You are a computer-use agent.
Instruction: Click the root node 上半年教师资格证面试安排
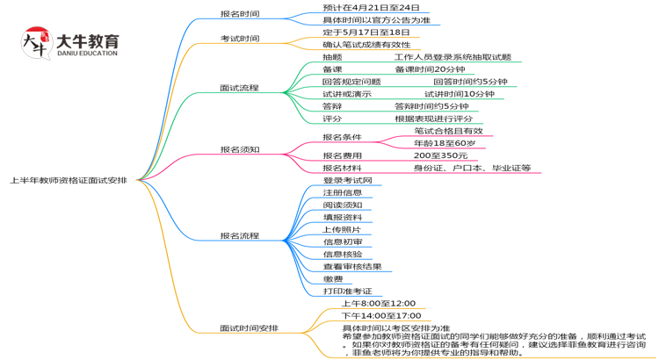pyautogui.click(x=68, y=180)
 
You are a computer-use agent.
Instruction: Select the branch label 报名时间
pyautogui.click(x=239, y=14)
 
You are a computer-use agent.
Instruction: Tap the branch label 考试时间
pyautogui.click(x=239, y=39)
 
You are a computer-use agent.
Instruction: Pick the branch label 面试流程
pyautogui.click(x=239, y=88)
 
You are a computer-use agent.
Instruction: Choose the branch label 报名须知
pyautogui.click(x=239, y=149)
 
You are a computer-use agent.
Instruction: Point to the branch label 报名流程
pyautogui.click(x=239, y=236)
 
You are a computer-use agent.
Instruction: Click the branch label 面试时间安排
pyautogui.click(x=249, y=328)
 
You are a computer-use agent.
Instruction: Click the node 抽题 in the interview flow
pyautogui.click(x=332, y=57)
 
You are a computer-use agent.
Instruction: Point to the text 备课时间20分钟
pyautogui.click(x=430, y=69)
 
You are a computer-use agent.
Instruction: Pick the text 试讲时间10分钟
pyautogui.click(x=459, y=94)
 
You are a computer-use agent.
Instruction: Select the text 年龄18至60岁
pyautogui.click(x=445, y=143)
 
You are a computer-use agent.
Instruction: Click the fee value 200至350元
pyautogui.click(x=440, y=155)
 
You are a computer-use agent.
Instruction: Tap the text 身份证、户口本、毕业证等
pyautogui.click(x=472, y=168)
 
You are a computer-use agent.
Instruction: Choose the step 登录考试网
pyautogui.click(x=347, y=180)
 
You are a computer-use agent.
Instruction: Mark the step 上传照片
pyautogui.click(x=342, y=229)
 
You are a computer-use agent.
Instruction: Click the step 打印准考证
pyautogui.click(x=347, y=291)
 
